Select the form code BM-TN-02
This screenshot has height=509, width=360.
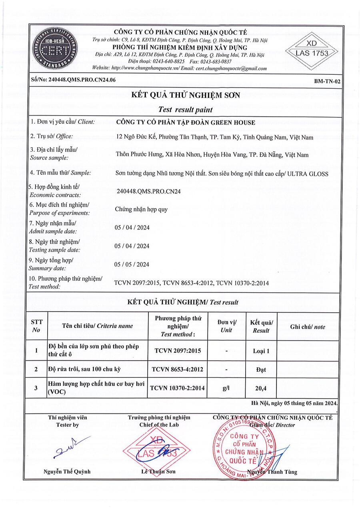pyautogui.click(x=327, y=81)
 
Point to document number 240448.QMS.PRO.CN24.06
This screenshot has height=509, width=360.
pyautogui.click(x=73, y=80)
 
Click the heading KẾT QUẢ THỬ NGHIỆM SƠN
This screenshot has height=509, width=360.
pyautogui.click(x=186, y=95)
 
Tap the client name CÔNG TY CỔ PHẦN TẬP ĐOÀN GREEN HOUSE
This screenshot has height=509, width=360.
pyautogui.click(x=185, y=122)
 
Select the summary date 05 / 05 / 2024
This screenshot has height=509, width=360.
pyautogui.click(x=132, y=264)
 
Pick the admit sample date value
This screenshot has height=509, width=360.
pyautogui.click(x=132, y=228)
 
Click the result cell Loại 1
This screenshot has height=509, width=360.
pyautogui.click(x=261, y=351)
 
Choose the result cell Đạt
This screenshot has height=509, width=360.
pyautogui.click(x=261, y=370)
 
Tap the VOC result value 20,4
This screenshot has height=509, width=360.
pyautogui.click(x=261, y=388)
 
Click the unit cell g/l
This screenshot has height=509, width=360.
pyautogui.click(x=226, y=388)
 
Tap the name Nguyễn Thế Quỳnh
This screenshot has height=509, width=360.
pyautogui.click(x=67, y=471)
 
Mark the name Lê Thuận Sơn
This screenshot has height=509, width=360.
pyautogui.click(x=158, y=472)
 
